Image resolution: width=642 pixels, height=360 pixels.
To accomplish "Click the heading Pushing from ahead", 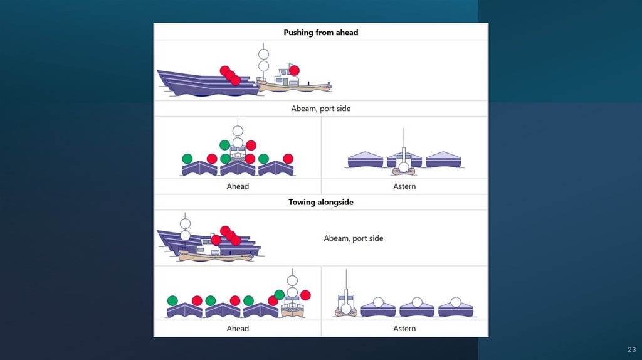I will pyautogui.click(x=320, y=32).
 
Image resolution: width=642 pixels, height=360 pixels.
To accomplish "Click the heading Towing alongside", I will pyautogui.click(x=320, y=202).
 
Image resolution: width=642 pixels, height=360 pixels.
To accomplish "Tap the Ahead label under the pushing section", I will pyautogui.click(x=238, y=186).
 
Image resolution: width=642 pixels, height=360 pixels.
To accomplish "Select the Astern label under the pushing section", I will pyautogui.click(x=404, y=186).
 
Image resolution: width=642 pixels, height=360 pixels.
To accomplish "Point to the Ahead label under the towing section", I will pyautogui.click(x=238, y=329).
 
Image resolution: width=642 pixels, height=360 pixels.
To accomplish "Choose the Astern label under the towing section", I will pyautogui.click(x=404, y=329).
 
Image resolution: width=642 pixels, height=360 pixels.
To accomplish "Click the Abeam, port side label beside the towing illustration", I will pyautogui.click(x=353, y=238).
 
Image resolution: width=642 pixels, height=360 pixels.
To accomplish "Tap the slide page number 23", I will pyautogui.click(x=631, y=350).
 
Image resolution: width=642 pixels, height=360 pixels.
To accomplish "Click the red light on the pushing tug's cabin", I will pyautogui.click(x=294, y=70).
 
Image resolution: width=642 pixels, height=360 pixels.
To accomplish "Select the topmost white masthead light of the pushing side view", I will pyautogui.click(x=264, y=55).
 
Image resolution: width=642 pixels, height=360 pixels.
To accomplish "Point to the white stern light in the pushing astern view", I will pyautogui.click(x=404, y=167).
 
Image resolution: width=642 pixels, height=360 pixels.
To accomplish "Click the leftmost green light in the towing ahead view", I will pyautogui.click(x=173, y=300).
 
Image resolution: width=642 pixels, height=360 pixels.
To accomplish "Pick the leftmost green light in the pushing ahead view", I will pyautogui.click(x=187, y=159).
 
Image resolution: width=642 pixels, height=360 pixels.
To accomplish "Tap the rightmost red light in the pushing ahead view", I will pyautogui.click(x=288, y=159).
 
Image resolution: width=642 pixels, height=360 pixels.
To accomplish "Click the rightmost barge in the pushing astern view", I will pyautogui.click(x=443, y=160).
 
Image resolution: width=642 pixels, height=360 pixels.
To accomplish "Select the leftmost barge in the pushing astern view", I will pyautogui.click(x=366, y=160).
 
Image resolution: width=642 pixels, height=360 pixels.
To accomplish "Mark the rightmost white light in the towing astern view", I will pyautogui.click(x=456, y=302).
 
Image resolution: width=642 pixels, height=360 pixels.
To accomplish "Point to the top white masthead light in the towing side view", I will pyautogui.click(x=185, y=223).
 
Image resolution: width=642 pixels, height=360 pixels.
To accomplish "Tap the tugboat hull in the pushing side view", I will pyautogui.click(x=295, y=87).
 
